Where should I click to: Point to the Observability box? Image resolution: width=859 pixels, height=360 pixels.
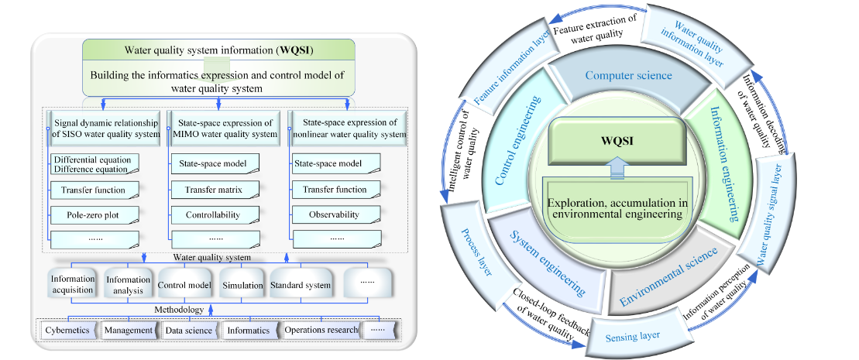pos(335,214)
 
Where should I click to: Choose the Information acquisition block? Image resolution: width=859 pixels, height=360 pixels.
pos(73,284)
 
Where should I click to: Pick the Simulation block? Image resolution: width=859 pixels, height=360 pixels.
pos(242,285)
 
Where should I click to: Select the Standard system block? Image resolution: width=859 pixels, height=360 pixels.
pos(301,285)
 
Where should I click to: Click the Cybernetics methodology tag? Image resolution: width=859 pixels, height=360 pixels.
pos(68,331)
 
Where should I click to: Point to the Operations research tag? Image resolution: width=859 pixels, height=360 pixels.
pos(321,331)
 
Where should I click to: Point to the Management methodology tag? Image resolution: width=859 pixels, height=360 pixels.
pos(129,331)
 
